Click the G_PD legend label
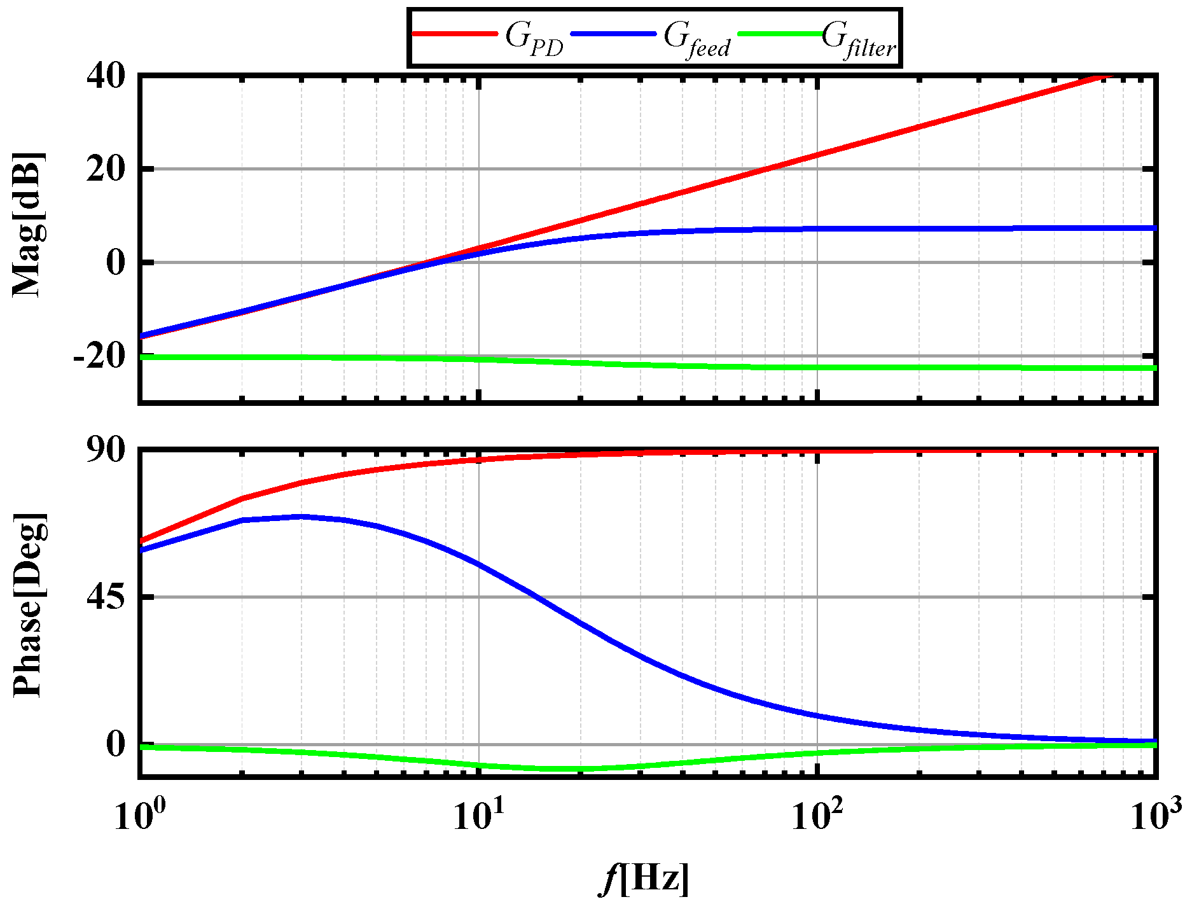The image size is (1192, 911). click(534, 39)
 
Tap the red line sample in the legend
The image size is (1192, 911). click(455, 33)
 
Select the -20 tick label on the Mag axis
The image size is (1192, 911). click(98, 356)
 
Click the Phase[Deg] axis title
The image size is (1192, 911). click(29, 604)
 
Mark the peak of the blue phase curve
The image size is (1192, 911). click(301, 517)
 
